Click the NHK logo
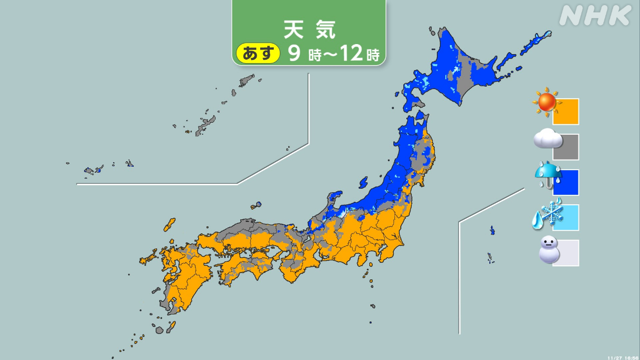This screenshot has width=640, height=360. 594,16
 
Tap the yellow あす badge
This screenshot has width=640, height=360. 258,53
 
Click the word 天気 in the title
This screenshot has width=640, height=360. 309,30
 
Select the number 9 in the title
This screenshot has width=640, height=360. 294,54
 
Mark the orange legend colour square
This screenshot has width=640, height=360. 566,112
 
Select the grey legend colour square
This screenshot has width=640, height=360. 566,147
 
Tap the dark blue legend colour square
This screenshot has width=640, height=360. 566,183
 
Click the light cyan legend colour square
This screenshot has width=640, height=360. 566,218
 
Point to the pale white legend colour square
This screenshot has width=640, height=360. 566,253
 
